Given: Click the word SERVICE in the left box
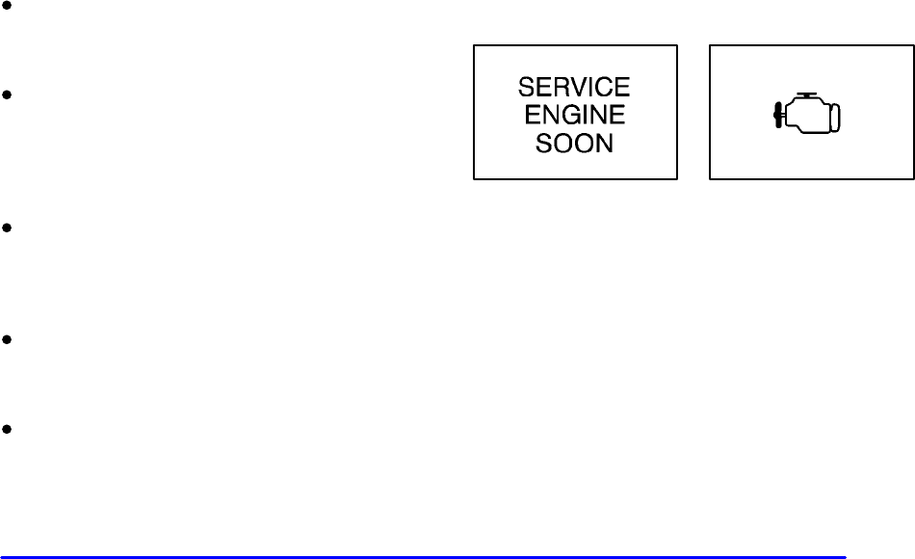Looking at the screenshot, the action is point(574,88).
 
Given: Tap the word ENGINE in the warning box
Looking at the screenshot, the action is point(574,116).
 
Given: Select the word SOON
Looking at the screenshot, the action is point(574,144).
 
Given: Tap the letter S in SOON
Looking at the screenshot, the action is point(538,144).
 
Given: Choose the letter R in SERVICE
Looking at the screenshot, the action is point(562,88).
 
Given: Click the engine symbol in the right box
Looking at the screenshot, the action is point(810,112).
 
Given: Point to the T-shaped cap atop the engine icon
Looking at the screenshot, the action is point(808,96).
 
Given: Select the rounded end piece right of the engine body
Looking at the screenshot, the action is point(836,116).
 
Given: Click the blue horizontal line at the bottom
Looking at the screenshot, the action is point(424,556).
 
